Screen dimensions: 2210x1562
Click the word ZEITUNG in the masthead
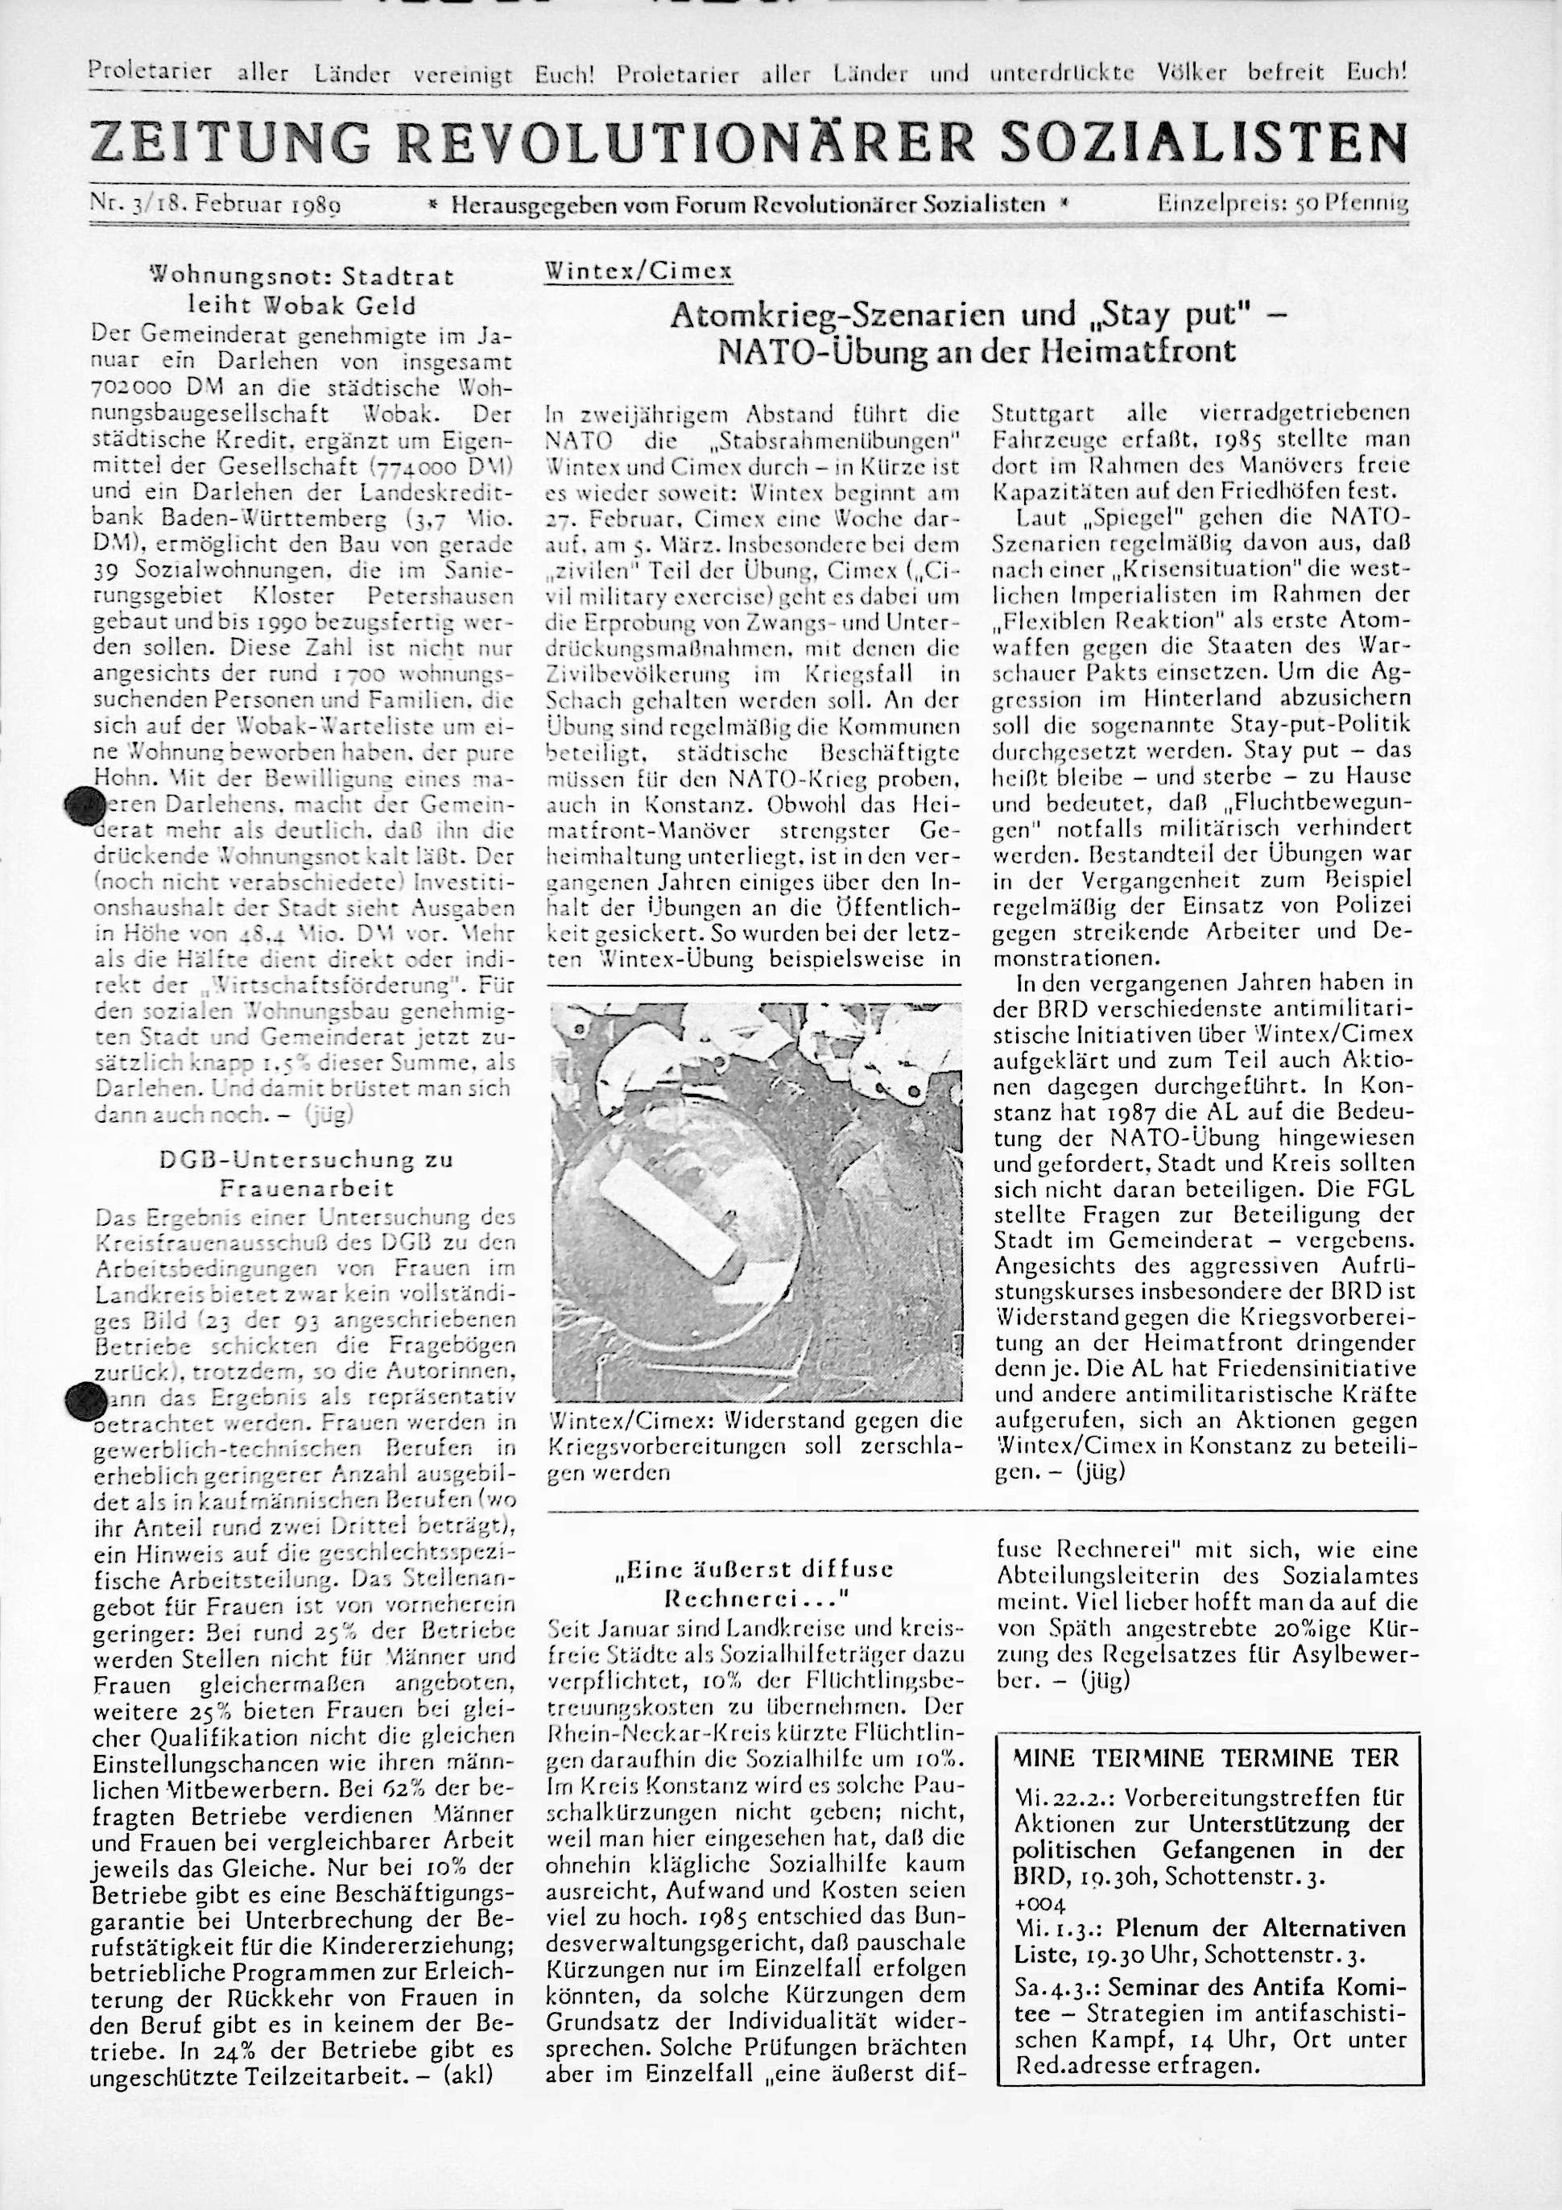pos(229,143)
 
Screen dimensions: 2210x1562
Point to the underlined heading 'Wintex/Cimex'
pos(638,271)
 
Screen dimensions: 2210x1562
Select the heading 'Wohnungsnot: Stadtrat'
pos(300,278)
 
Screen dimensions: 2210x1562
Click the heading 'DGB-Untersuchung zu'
pos(305,1160)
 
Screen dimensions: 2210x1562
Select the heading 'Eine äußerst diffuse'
pos(754,1570)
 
